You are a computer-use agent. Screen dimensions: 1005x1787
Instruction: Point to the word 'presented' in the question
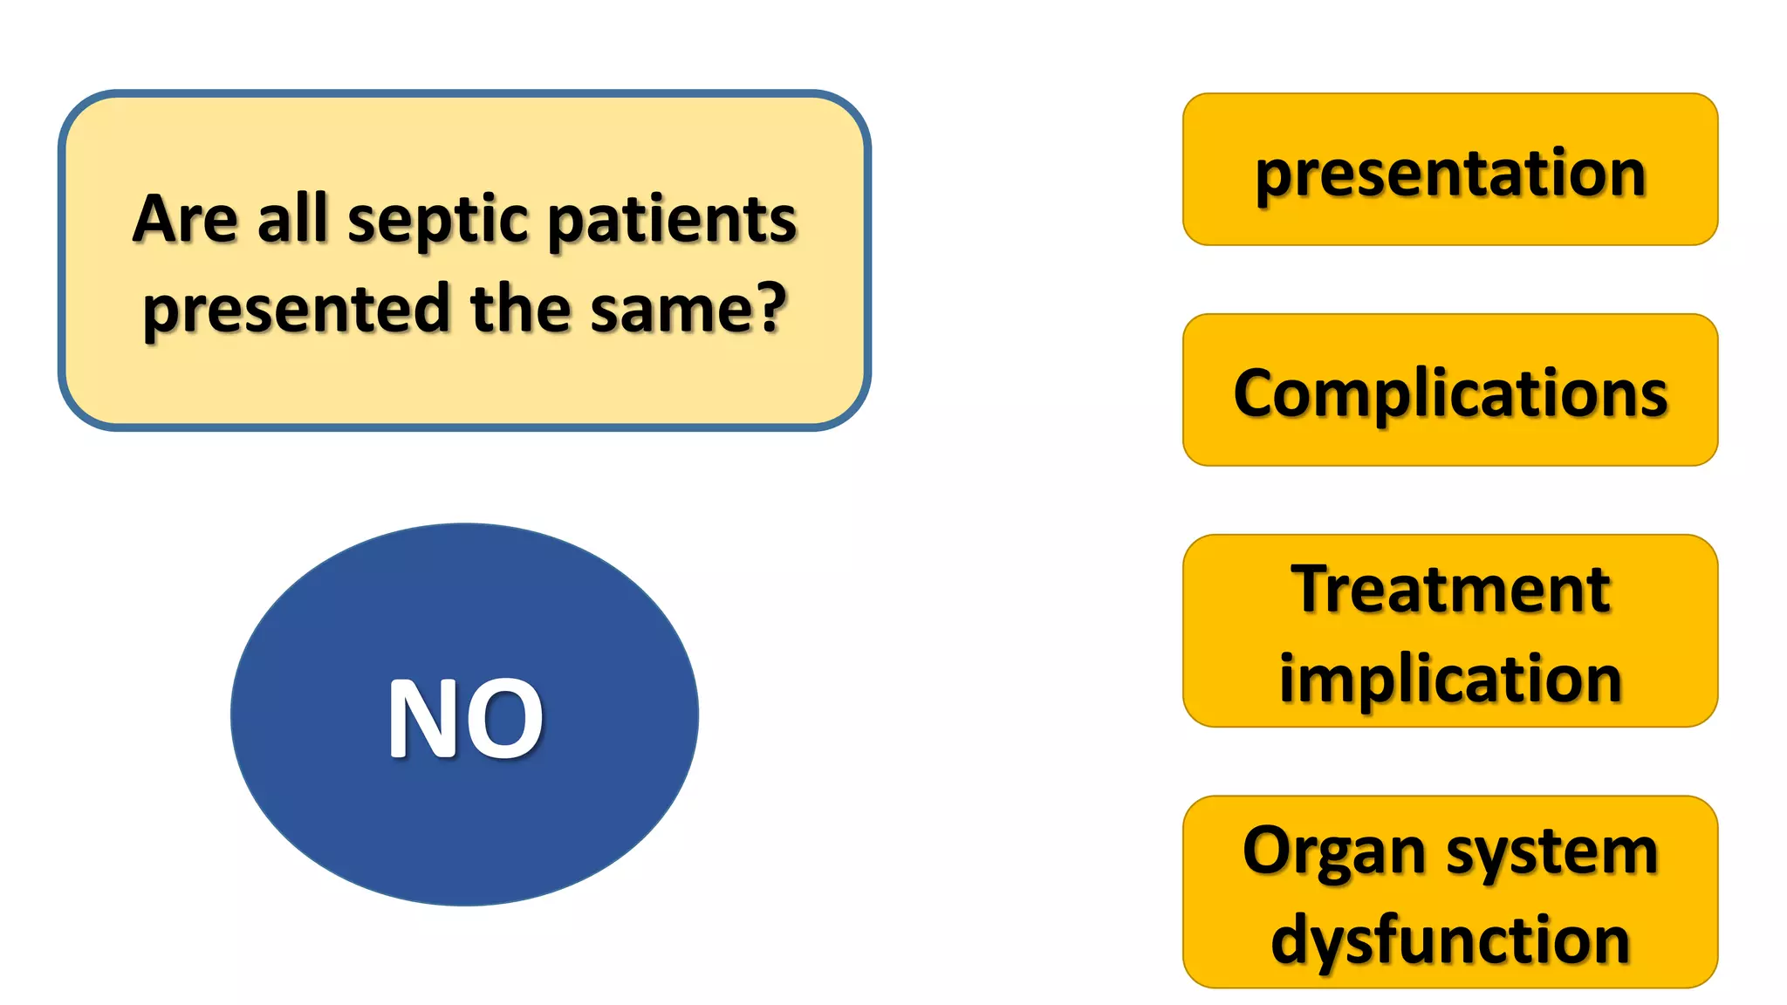pyautogui.click(x=296, y=310)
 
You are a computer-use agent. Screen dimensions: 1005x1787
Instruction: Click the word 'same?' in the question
pyautogui.click(x=688, y=310)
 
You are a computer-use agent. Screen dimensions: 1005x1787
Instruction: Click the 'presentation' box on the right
pyautogui.click(x=1450, y=170)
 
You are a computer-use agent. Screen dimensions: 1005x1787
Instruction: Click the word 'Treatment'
pyautogui.click(x=1450, y=590)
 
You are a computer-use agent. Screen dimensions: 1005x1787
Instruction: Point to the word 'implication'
pyautogui.click(x=1450, y=679)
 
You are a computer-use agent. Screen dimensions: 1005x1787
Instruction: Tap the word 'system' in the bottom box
pyautogui.click(x=1552, y=852)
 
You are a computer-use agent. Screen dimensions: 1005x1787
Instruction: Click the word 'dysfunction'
pyautogui.click(x=1450, y=940)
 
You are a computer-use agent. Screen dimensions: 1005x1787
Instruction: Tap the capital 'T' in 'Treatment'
pyautogui.click(x=1314, y=590)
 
